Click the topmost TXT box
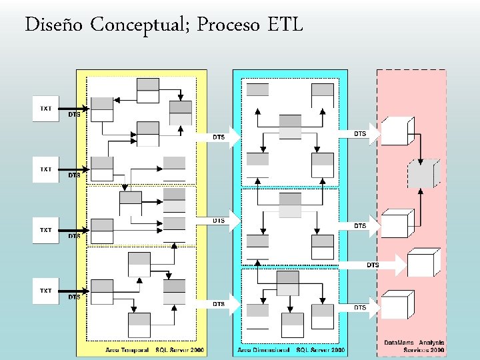pyautogui.click(x=46, y=109)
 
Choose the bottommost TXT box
pyautogui.click(x=46, y=291)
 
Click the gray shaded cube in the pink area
pyautogui.click(x=425, y=173)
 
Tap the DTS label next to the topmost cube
pyautogui.click(x=360, y=134)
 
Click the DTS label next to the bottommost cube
pyautogui.click(x=360, y=307)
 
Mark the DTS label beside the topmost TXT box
pyautogui.click(x=74, y=114)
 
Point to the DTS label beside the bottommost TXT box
pyautogui.click(x=74, y=297)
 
